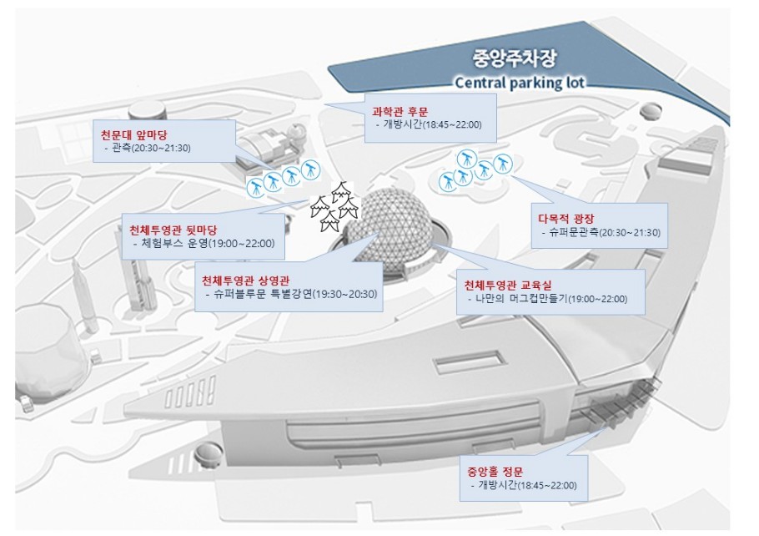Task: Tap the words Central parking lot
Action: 519,83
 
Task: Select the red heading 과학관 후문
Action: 400,109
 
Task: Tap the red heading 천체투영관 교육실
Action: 508,284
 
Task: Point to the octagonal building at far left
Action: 46,351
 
